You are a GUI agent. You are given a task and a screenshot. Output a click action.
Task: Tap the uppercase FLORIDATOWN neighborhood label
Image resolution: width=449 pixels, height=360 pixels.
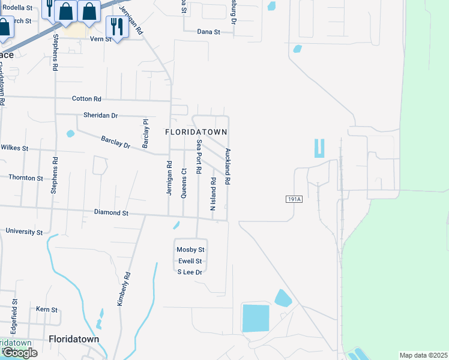(x=196, y=131)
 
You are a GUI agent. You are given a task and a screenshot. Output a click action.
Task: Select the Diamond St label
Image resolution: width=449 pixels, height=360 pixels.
(x=111, y=212)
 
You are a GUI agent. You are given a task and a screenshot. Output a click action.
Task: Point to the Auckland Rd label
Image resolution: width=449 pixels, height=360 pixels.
(x=228, y=166)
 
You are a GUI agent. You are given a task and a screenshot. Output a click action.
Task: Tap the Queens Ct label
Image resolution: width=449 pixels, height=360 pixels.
(x=184, y=179)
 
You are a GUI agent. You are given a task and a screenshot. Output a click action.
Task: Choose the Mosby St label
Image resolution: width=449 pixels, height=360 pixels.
(x=190, y=250)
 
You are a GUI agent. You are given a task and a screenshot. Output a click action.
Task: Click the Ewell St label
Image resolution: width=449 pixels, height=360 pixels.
(x=190, y=261)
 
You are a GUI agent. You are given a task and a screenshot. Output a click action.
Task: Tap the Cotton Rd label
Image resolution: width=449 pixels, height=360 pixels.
(x=86, y=98)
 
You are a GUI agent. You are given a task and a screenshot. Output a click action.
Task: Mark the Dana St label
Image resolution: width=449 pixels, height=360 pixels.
(x=209, y=32)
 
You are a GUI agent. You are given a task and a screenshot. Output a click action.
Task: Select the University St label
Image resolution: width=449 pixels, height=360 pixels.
(x=24, y=232)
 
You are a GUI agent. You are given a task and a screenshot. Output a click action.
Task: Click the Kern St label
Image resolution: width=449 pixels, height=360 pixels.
(x=46, y=310)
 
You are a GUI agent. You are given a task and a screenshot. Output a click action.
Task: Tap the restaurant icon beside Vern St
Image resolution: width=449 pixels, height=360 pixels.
(x=115, y=26)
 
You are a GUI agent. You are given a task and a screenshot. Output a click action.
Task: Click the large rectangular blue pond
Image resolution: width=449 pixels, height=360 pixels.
(x=256, y=317)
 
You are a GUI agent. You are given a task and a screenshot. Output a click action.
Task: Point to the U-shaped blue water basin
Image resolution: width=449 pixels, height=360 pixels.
(x=319, y=148)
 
